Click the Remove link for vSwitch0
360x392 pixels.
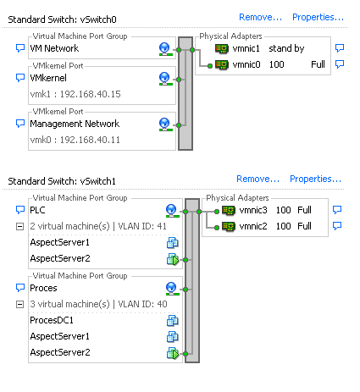[260, 18]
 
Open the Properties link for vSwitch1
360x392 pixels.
[315, 179]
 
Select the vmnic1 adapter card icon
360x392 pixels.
[222, 49]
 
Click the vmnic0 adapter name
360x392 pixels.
[246, 64]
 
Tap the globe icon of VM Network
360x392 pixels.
[164, 49]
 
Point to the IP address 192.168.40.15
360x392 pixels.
[91, 94]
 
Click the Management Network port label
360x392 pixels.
[75, 124]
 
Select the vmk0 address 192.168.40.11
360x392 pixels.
[90, 140]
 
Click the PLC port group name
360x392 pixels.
[37, 210]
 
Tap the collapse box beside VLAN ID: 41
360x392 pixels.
[19, 226]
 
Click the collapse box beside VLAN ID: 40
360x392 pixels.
[19, 304]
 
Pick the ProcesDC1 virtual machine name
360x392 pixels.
[52, 320]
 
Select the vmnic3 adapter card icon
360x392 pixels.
[229, 211]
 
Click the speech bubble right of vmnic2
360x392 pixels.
[337, 226]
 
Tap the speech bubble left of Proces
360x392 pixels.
[20, 288]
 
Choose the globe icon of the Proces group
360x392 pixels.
[171, 289]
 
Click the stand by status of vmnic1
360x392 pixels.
[286, 49]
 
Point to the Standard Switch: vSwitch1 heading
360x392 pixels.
[62, 181]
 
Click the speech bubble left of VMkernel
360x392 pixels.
[20, 78]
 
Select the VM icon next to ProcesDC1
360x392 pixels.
[172, 321]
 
